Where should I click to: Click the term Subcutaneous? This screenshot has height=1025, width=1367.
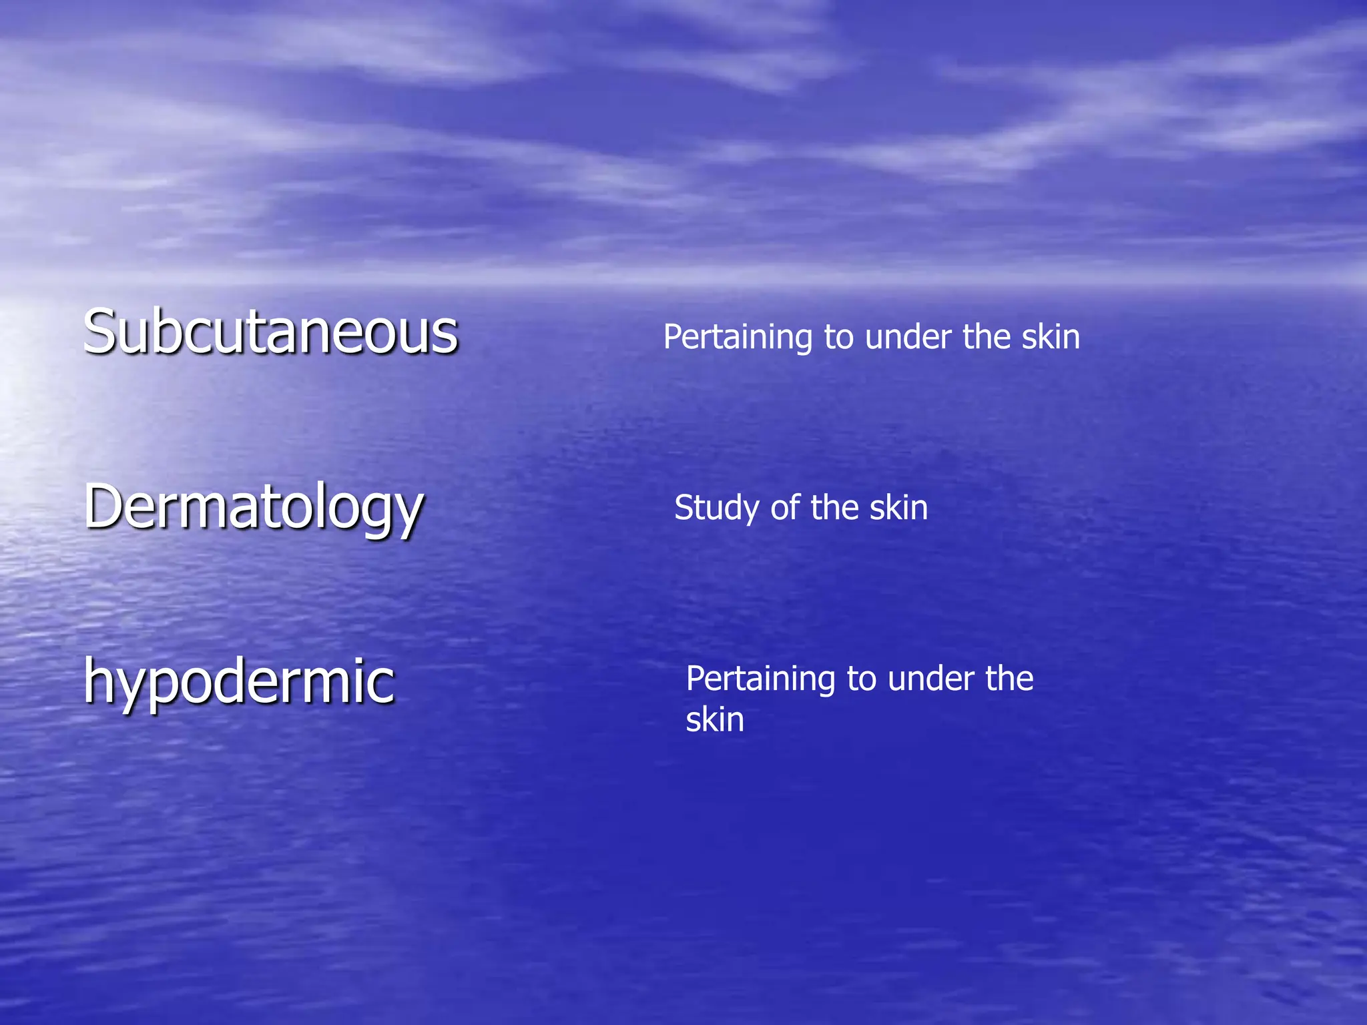pyautogui.click(x=270, y=332)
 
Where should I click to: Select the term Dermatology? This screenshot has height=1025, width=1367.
pyautogui.click(x=254, y=507)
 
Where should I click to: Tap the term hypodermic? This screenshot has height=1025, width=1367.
pyautogui.click(x=239, y=681)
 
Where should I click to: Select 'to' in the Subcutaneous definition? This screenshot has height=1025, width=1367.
pyautogui.click(x=838, y=338)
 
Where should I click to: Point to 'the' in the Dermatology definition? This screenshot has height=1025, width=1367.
pyautogui.click(x=835, y=508)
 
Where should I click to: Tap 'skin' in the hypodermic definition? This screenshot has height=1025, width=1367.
pyautogui.click(x=715, y=720)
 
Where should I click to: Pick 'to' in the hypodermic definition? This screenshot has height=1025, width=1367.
pyautogui.click(x=861, y=680)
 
